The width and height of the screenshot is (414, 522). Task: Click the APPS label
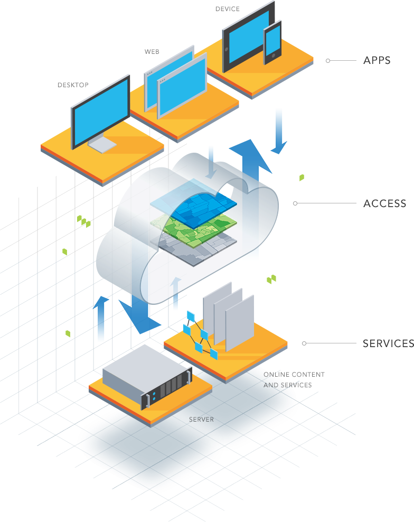[377, 60]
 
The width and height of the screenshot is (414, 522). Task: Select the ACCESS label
[384, 203]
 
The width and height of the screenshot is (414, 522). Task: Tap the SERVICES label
[388, 343]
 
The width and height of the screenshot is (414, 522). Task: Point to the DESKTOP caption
[73, 85]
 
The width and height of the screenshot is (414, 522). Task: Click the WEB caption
[152, 52]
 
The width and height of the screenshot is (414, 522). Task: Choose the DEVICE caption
[228, 9]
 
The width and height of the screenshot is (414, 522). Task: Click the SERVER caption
[201, 420]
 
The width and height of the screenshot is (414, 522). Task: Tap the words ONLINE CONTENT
[294, 375]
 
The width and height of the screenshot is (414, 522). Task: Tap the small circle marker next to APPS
[328, 61]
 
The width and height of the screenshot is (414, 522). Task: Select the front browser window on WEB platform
[181, 88]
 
